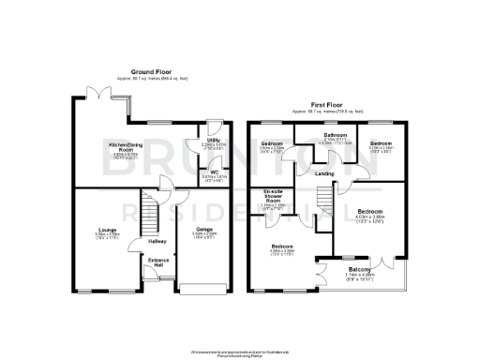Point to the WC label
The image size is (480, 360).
point(214,172)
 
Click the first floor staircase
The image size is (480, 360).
point(323,202)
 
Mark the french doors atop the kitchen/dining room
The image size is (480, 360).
point(97,90)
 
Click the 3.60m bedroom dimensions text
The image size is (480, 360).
point(273,148)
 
